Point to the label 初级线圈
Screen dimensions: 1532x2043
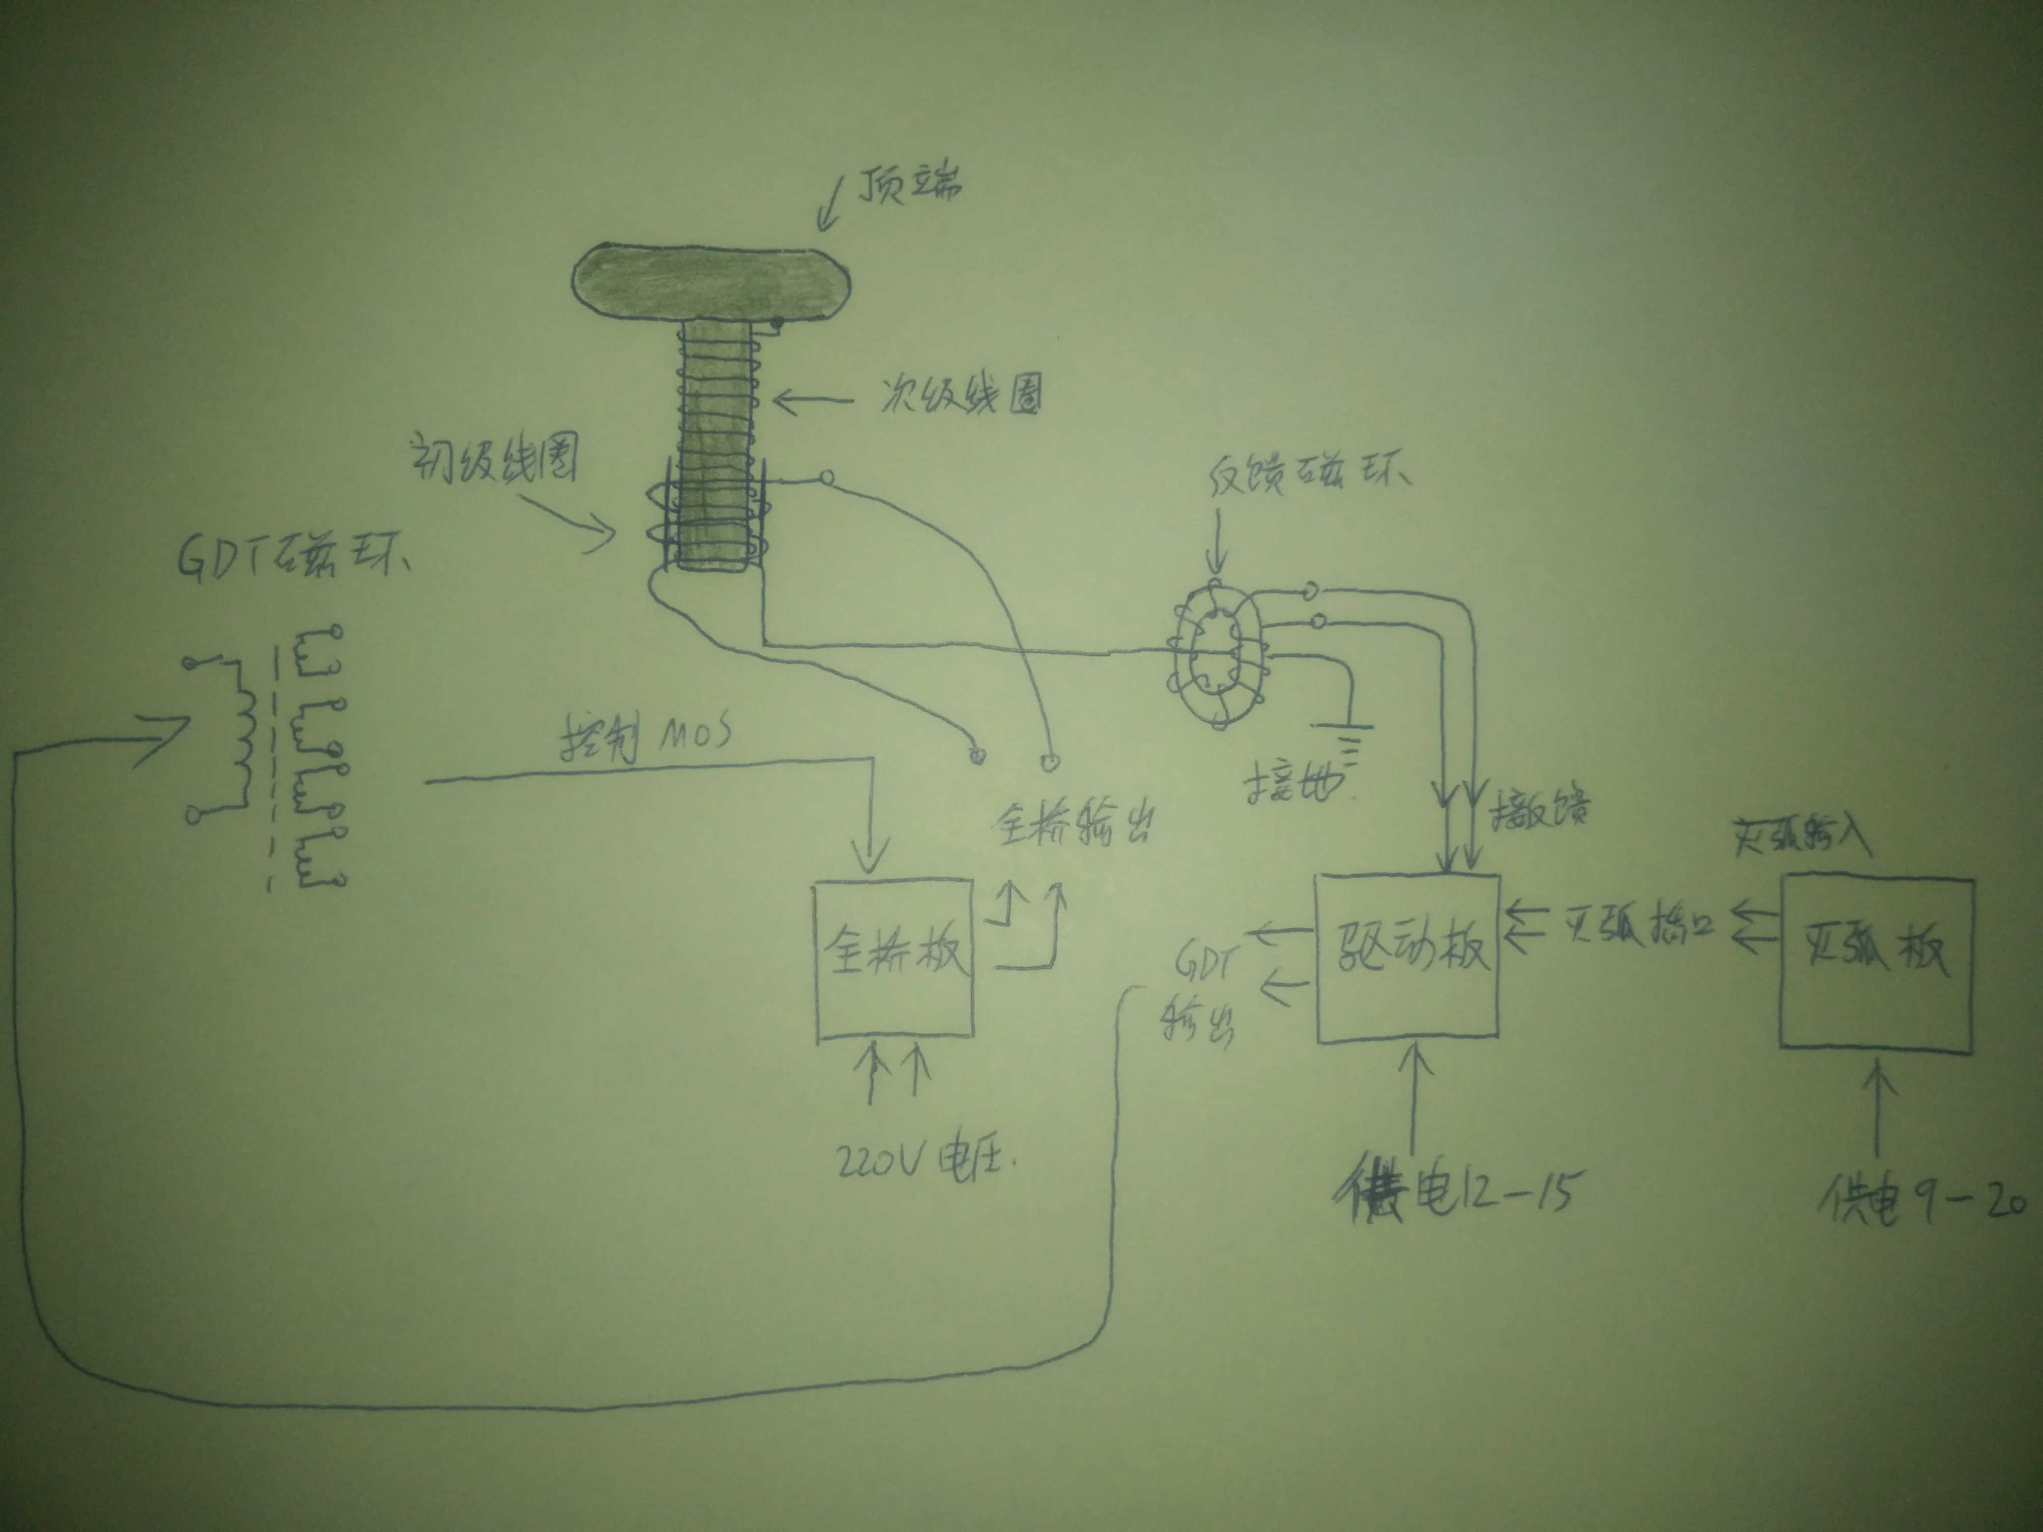494,459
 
